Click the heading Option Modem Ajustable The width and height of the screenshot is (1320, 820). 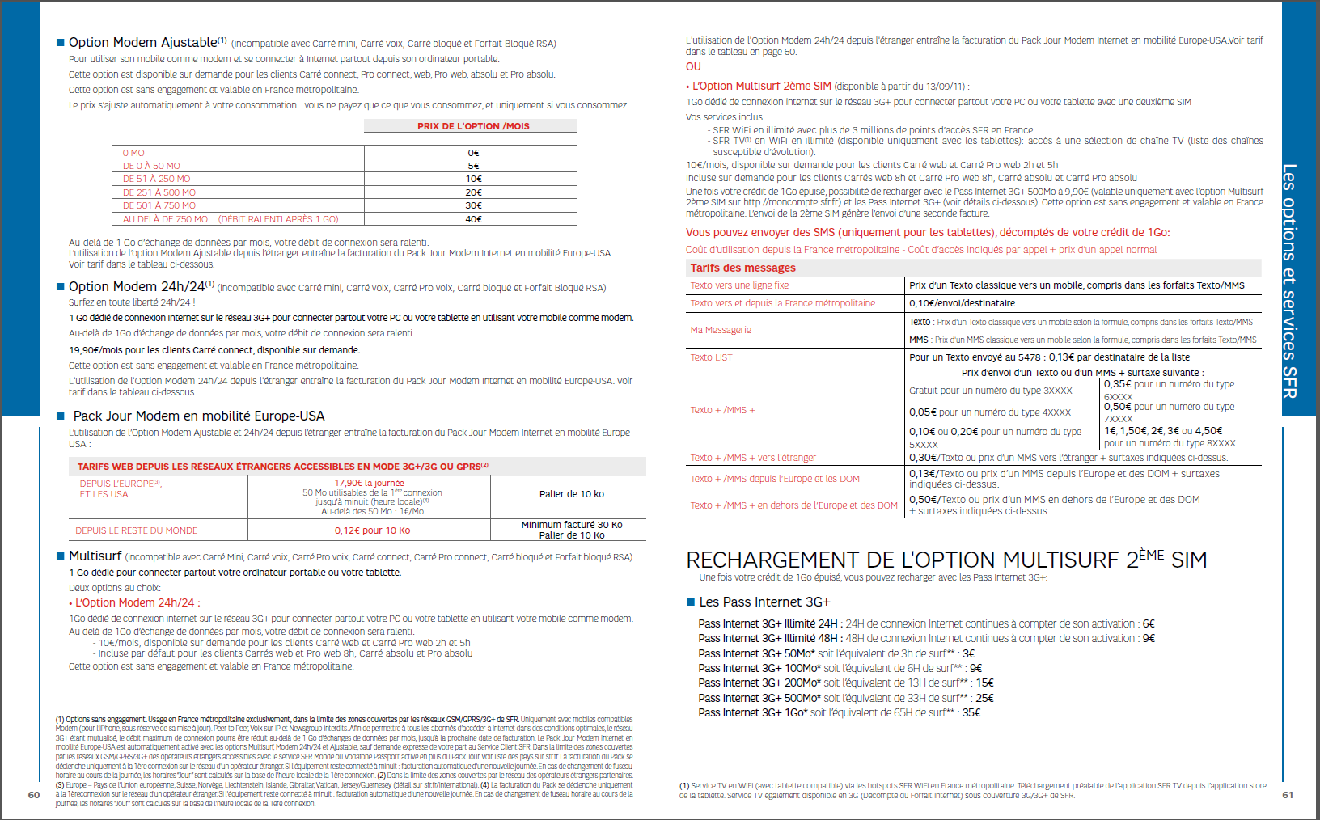pos(143,43)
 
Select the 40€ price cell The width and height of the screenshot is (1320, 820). pos(473,219)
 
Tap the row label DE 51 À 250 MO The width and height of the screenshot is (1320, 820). pos(157,180)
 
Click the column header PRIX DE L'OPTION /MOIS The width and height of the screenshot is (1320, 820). pos(473,126)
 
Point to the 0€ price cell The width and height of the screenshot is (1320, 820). pos(473,153)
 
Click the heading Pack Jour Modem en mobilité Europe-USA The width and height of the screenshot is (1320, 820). pos(198,416)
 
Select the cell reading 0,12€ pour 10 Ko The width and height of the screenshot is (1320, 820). pos(372,530)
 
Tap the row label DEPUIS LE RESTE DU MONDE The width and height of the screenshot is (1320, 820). pos(137,530)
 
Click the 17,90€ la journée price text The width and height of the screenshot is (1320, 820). pos(369,483)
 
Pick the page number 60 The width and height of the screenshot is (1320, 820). pos(34,795)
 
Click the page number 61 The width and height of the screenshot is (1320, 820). pos(1288,795)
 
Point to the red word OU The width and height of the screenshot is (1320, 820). pos(693,67)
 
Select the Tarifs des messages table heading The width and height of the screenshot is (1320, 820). pos(742,268)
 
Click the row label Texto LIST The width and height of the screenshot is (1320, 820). pos(711,357)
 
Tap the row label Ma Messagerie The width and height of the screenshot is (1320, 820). pos(721,330)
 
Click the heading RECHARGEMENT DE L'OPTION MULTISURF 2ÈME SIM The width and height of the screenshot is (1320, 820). pos(946,560)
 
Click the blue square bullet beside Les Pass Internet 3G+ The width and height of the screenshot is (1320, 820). pos(691,602)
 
